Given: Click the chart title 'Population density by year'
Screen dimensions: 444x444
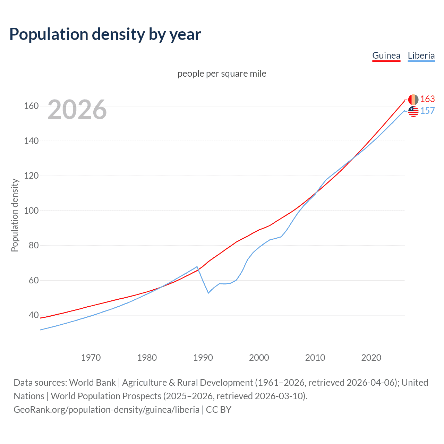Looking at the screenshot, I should tap(105, 34).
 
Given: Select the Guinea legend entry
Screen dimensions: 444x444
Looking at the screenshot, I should tap(386, 55).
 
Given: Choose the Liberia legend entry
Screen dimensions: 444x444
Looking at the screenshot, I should tap(421, 55).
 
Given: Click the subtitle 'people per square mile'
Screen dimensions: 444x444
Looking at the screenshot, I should tap(222, 74).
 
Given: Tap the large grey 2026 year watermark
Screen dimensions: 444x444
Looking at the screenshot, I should tap(77, 110).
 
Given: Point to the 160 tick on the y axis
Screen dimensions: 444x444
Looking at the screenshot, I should tap(31, 106).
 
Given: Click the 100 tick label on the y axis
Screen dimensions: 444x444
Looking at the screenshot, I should tap(31, 211).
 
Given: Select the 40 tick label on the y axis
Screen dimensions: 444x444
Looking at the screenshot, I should tap(34, 315).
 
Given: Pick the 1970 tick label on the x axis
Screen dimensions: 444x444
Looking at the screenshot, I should tap(91, 358).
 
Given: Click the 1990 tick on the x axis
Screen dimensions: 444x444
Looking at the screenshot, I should tap(203, 358).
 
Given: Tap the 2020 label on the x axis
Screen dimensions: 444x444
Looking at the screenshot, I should tap(371, 358).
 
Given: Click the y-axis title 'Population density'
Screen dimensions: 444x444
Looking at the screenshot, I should tap(15, 215).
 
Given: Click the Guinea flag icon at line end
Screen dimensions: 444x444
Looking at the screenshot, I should tap(413, 100).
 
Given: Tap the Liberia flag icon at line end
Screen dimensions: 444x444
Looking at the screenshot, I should tap(413, 111).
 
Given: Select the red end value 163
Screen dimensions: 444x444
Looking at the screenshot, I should tap(427, 99).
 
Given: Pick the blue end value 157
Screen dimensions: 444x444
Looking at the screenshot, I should tap(427, 111).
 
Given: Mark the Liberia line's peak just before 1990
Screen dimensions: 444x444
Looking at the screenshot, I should tap(197, 267).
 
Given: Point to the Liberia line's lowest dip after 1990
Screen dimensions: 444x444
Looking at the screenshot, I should tap(208, 293).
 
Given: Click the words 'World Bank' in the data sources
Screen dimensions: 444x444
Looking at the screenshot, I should tap(92, 383).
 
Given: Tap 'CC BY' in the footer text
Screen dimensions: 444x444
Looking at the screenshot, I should tap(219, 410).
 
